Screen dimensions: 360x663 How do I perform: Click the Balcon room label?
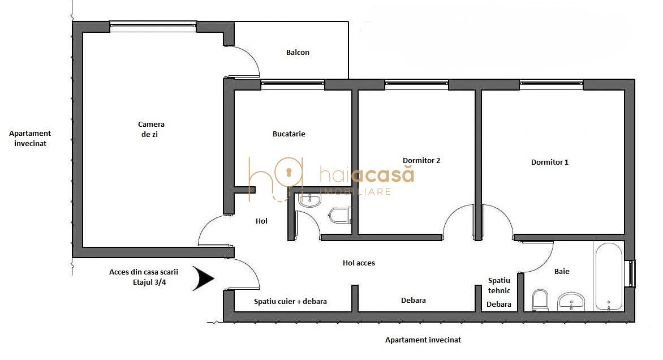click(x=298, y=53)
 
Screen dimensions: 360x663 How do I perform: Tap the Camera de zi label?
click(x=151, y=130)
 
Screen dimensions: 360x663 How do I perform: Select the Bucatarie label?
click(x=289, y=134)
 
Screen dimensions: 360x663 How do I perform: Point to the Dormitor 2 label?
click(x=421, y=161)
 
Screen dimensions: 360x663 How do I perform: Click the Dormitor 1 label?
click(x=549, y=162)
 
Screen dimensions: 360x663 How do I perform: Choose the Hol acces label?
click(x=359, y=263)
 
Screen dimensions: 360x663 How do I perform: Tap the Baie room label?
click(x=561, y=272)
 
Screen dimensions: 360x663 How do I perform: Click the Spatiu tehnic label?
click(x=499, y=285)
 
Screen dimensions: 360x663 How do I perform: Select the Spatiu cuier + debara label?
click(x=290, y=302)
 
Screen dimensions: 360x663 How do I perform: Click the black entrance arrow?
click(x=203, y=278)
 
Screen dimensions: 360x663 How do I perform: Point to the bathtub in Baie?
click(x=608, y=276)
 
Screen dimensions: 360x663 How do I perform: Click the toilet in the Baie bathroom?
click(x=540, y=300)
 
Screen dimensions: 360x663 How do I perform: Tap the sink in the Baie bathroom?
click(x=571, y=302)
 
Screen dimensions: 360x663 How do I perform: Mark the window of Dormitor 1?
click(x=551, y=84)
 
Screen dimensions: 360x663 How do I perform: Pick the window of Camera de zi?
click(x=153, y=26)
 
